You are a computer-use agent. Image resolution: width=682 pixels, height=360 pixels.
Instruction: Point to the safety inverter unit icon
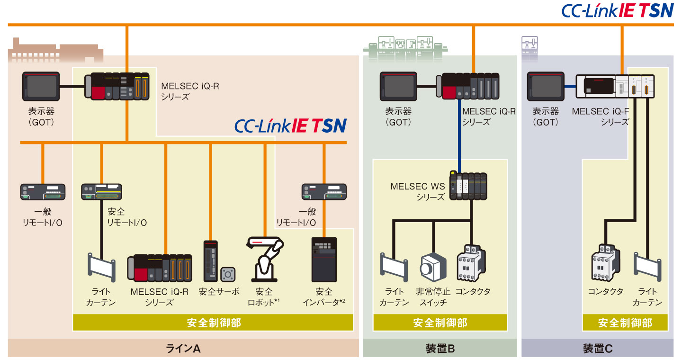point(324,260)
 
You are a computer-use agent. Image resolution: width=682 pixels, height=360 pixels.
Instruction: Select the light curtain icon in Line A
point(102,267)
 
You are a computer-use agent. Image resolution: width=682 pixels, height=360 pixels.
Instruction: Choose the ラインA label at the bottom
point(183,349)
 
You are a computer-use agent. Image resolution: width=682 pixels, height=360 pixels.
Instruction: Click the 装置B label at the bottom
point(440,349)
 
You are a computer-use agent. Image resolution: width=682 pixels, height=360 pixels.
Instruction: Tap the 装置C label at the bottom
point(598,349)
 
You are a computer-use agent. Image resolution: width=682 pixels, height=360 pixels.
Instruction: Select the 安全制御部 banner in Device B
point(440,323)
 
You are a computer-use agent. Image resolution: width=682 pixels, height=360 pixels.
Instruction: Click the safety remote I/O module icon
point(101,191)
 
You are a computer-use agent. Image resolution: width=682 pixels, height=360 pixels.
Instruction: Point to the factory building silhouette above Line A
point(56,50)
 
